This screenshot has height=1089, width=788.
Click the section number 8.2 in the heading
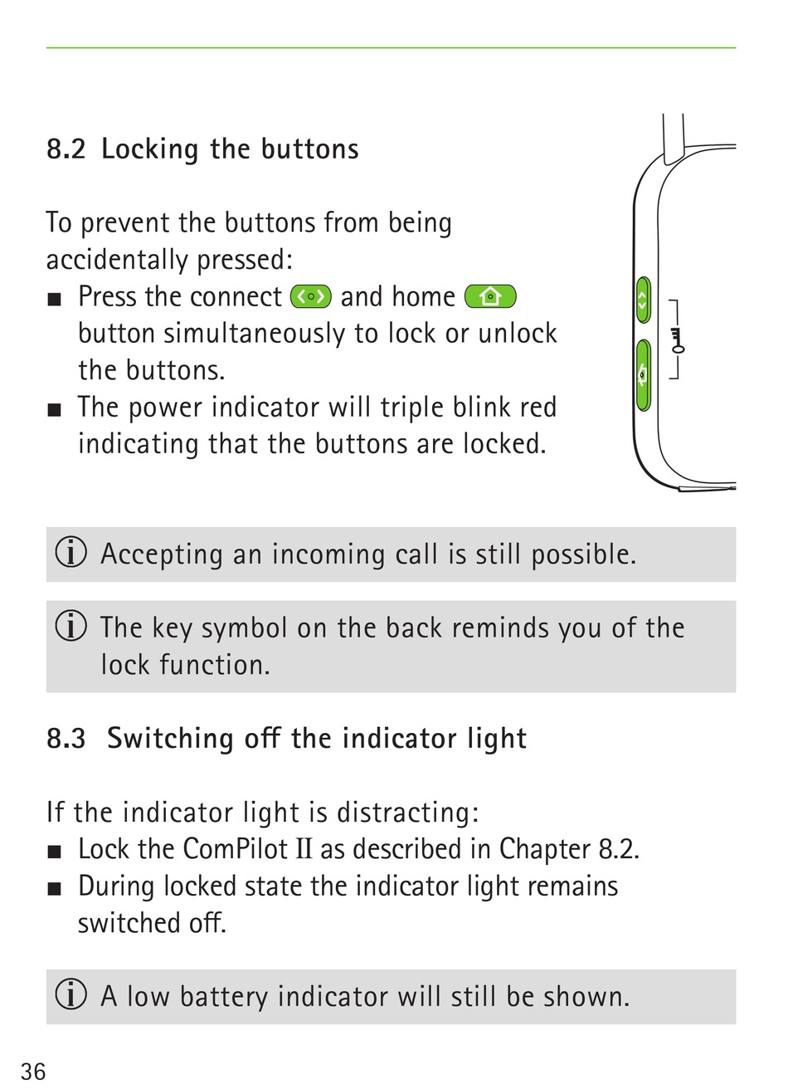click(66, 149)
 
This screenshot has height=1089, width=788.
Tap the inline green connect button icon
click(311, 296)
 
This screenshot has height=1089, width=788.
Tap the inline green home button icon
click(490, 296)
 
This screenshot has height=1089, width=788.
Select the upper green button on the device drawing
click(643, 300)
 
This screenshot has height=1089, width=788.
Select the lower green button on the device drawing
click(643, 375)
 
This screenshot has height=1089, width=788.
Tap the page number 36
click(34, 1071)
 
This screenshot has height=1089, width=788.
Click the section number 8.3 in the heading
click(66, 739)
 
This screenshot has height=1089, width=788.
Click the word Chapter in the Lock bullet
click(544, 849)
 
